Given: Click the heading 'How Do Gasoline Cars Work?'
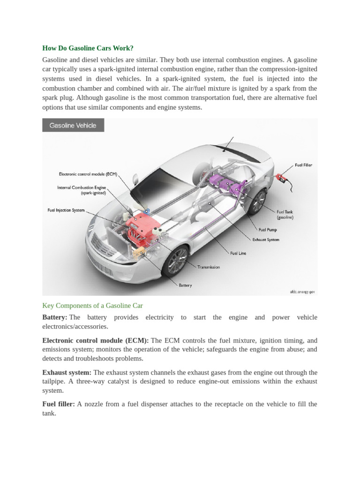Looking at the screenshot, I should [88, 48].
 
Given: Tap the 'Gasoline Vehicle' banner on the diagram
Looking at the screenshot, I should [73, 125].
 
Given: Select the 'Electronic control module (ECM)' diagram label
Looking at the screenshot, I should [88, 173].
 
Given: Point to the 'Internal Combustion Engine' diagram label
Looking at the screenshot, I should [82, 190].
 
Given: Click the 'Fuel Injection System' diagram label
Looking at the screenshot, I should [66, 210].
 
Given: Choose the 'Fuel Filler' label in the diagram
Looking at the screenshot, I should [303, 165].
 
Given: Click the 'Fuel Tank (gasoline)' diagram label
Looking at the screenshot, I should [285, 215].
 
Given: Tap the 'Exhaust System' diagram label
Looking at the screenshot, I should [266, 240].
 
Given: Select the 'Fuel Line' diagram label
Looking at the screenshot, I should [238, 253].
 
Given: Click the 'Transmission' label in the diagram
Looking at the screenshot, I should [209, 267].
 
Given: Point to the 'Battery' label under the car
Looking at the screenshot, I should [185, 285].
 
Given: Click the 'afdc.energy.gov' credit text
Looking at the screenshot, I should [302, 292].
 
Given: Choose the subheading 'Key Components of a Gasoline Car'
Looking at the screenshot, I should [92, 306].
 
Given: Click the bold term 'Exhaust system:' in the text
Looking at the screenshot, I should [67, 372].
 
